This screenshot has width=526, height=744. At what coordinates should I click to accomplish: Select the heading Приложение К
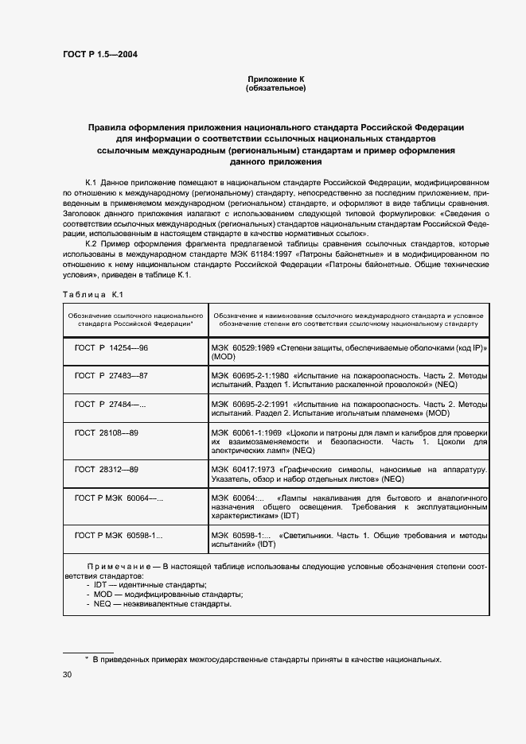(x=275, y=79)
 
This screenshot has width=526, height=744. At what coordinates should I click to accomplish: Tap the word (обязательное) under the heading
(x=275, y=89)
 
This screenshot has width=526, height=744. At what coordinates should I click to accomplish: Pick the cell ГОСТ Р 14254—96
(x=111, y=349)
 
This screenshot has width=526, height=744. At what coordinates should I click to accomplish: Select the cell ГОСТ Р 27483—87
(x=111, y=375)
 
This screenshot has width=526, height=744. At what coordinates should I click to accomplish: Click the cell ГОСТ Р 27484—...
(x=110, y=404)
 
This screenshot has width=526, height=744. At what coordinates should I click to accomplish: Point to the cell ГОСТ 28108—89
(x=107, y=432)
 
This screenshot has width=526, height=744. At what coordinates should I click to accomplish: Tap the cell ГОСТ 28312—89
(x=107, y=469)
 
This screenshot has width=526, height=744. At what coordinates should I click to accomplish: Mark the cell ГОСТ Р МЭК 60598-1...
(x=119, y=536)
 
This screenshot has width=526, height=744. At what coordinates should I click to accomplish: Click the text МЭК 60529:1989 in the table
(x=240, y=349)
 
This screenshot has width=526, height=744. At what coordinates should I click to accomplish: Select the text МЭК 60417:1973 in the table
(x=240, y=469)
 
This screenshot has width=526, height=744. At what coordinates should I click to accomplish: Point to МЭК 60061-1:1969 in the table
(x=244, y=432)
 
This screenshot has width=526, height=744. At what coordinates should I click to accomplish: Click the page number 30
(x=67, y=675)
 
